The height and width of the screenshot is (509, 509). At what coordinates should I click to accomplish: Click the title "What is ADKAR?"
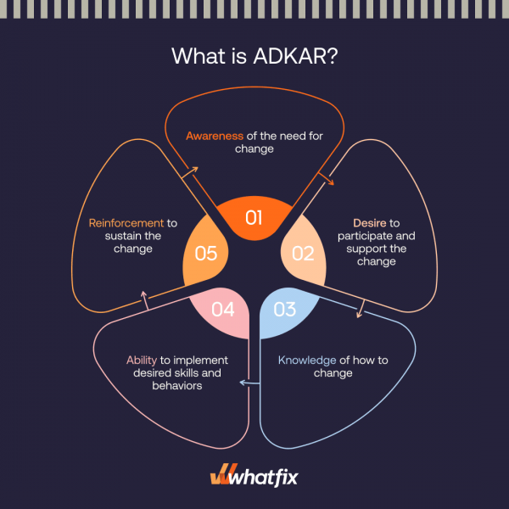(x=255, y=56)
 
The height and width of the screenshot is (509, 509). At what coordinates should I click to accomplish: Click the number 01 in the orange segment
(x=254, y=217)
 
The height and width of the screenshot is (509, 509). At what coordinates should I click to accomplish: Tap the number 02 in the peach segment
(x=303, y=254)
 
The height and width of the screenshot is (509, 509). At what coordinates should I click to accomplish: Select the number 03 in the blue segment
(x=285, y=310)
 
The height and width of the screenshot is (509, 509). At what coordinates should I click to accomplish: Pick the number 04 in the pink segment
(x=222, y=310)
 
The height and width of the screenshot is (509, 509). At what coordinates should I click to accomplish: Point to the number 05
(x=206, y=254)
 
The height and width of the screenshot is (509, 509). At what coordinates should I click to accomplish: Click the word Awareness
(x=215, y=136)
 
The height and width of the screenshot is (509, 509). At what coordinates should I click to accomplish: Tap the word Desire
(x=370, y=223)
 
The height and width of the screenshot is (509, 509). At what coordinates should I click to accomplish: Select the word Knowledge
(x=307, y=361)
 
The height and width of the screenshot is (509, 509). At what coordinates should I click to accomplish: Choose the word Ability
(x=142, y=361)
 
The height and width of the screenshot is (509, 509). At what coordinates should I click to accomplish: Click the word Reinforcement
(x=126, y=223)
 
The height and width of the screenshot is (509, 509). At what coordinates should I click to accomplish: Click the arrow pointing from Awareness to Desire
(x=326, y=178)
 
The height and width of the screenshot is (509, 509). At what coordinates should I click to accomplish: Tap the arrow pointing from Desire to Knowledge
(x=361, y=309)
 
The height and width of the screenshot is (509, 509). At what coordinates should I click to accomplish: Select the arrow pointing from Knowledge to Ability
(x=249, y=383)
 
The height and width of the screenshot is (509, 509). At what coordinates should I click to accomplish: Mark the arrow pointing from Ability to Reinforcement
(x=145, y=300)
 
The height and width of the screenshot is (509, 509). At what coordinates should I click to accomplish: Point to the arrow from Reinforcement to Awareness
(x=190, y=172)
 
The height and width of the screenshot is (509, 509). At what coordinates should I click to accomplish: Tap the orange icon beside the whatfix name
(x=220, y=474)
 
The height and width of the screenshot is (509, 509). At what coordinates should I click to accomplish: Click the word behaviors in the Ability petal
(x=177, y=386)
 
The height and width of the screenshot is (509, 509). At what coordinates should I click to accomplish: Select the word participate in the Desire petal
(x=359, y=237)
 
